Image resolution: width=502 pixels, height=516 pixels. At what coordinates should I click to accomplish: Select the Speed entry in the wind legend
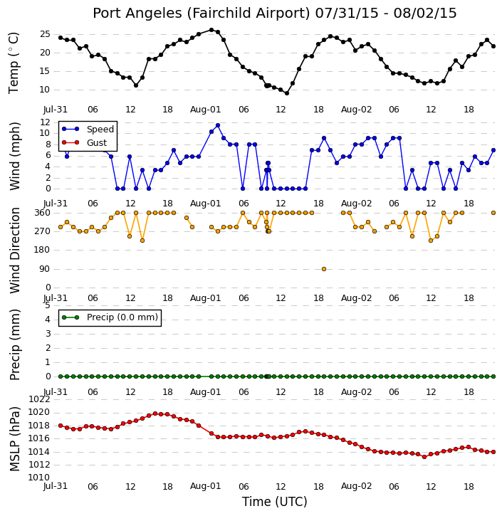pos(88,129)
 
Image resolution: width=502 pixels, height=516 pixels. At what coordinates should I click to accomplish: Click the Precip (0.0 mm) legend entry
pos(110,317)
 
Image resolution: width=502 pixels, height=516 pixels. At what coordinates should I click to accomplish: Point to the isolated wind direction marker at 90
pos(324,269)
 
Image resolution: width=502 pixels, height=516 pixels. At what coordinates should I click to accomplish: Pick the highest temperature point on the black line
pos(211,30)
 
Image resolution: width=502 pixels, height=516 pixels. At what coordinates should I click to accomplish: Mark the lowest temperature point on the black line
pos(287,93)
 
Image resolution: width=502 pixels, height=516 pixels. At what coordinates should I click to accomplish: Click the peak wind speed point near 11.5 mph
pos(218,125)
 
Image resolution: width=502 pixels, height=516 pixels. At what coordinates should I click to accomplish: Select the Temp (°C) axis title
pos(14,63)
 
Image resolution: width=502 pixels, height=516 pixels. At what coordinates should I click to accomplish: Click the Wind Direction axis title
pos(14,251)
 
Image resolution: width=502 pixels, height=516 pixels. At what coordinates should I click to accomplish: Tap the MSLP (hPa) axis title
pos(14,439)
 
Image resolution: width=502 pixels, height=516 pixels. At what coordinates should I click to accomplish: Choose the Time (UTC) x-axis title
pos(275,502)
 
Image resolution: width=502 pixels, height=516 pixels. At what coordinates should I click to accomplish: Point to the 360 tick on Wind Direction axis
pos(43,213)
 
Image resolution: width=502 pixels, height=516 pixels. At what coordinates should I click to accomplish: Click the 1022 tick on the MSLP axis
pos(39,399)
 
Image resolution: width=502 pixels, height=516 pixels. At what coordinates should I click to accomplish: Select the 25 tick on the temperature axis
pos(45,34)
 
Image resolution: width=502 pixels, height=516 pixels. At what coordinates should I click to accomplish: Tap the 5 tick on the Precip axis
pos(48,305)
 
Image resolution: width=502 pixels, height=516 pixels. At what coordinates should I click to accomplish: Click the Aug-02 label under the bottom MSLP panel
pos(356,486)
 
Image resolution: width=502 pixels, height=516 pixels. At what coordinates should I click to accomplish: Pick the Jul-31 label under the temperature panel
pos(56,110)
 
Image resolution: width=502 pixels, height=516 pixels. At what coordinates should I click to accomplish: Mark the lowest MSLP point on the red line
pos(424,457)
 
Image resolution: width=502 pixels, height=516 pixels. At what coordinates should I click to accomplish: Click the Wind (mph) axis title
pos(14,156)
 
